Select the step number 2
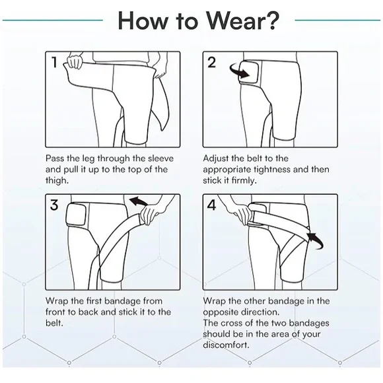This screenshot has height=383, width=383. tap(211, 63)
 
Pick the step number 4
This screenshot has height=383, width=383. tap(211, 205)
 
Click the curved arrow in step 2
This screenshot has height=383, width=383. tap(234, 69)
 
